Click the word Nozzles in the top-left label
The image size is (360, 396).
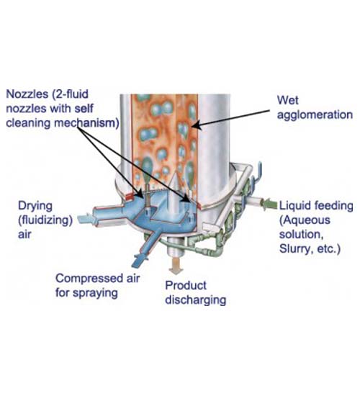pos(27,94)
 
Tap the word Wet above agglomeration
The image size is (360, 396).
pos(287,100)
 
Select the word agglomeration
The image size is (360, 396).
pos(315,115)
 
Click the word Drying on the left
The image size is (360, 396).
pos(35,206)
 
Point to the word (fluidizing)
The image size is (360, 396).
pos(45,220)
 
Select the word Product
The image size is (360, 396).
pos(186,285)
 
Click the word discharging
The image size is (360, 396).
pos(196,300)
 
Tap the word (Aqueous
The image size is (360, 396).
pos(305,220)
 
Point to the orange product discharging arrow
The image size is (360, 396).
pos(176,266)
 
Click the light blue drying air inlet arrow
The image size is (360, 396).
pos(86,219)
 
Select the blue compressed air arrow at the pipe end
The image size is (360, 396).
pos(140,260)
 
